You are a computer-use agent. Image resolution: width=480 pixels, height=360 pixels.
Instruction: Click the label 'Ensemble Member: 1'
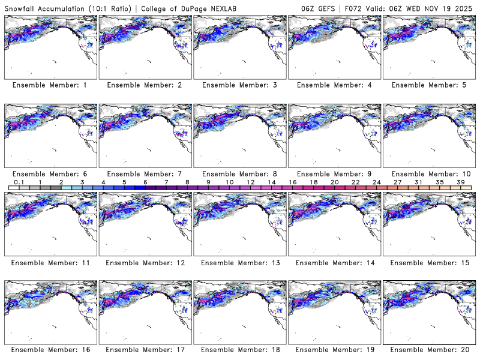(x=50, y=85)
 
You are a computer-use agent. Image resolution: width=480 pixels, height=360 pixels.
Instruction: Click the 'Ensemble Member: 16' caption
(x=50, y=350)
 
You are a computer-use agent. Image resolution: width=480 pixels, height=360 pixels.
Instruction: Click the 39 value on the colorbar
(x=460, y=182)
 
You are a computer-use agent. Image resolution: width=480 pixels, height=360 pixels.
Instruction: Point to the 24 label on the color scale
(x=376, y=182)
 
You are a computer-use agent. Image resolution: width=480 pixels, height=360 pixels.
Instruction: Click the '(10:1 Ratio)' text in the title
(x=111, y=7)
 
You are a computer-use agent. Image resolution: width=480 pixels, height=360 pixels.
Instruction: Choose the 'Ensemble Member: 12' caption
(x=145, y=262)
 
